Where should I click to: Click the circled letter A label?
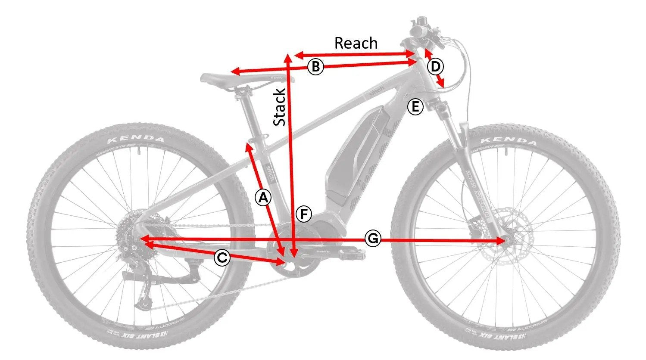point(263,198)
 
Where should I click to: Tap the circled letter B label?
point(315,67)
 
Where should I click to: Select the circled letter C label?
point(222,258)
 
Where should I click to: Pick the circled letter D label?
point(436,67)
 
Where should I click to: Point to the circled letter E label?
point(415,106)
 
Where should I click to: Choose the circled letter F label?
point(304,214)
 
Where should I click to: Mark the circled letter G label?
point(373,238)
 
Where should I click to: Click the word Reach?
point(356,43)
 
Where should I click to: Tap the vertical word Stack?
point(280,107)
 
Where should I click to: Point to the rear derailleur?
point(142,284)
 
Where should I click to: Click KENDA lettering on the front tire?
point(509,141)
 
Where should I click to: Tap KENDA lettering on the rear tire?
point(136,139)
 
